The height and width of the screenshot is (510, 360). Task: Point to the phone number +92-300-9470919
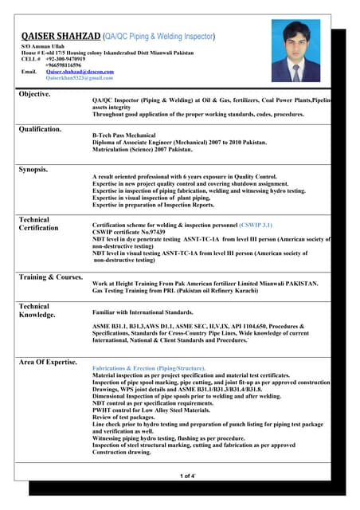coord(65,59)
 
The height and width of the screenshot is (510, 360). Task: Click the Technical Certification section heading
coord(37,224)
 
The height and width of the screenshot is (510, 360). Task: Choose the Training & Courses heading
coord(50,277)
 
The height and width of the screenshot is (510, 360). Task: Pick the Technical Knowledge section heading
coord(37,310)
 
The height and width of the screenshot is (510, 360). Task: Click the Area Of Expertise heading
coord(48,363)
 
